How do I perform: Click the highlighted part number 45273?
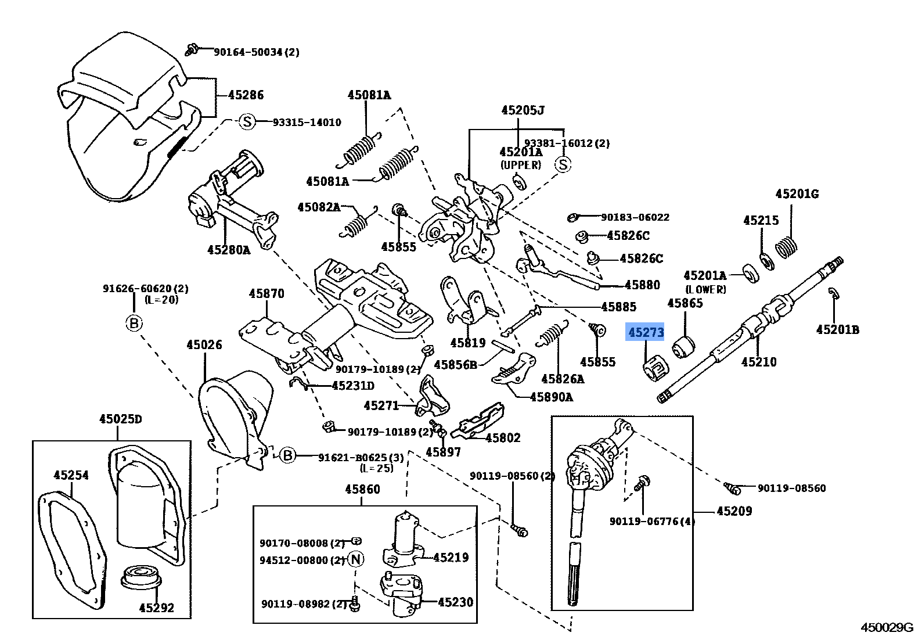645,332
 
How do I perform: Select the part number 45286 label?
246,95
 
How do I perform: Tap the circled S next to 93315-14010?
247,122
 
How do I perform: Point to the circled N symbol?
356,559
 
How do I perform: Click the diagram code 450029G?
887,627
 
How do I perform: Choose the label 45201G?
797,194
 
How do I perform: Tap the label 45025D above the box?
120,419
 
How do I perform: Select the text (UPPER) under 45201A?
521,165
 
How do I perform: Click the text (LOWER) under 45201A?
705,289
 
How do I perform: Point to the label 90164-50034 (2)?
256,52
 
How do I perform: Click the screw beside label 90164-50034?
192,50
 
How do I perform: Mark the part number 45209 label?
734,511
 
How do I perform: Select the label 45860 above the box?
362,490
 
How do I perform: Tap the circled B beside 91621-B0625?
288,456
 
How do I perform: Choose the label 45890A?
551,397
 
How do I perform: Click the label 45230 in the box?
455,602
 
